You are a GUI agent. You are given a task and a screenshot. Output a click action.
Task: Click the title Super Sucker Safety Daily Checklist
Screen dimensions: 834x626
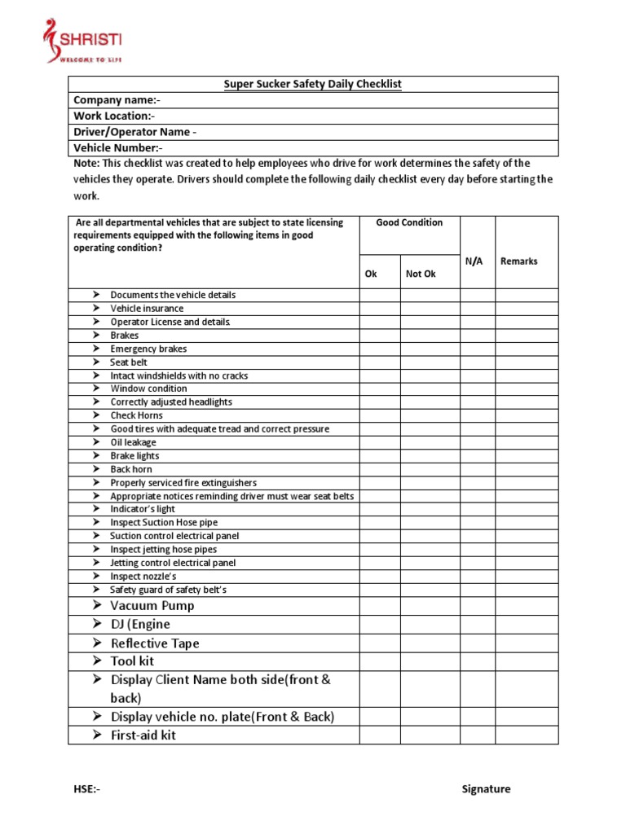[x=313, y=84]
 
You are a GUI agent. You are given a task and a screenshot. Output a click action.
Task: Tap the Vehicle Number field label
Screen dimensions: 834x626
[x=118, y=148]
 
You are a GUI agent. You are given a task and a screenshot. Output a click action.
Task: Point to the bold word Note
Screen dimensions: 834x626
[x=86, y=164]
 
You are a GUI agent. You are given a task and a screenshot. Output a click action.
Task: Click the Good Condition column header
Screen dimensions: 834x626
[x=409, y=222]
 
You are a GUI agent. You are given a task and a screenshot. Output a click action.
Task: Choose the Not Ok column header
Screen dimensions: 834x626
[x=421, y=274]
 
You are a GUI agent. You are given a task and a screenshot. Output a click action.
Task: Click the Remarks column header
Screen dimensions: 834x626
[x=518, y=261]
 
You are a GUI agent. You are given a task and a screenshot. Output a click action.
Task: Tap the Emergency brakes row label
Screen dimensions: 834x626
[x=148, y=349]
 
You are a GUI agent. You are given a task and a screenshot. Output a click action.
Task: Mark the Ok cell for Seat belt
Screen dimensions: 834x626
[x=379, y=362]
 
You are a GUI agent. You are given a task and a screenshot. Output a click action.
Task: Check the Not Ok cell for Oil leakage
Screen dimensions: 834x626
[x=430, y=442]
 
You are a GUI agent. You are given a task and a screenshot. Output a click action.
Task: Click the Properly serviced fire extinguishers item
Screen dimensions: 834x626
[x=183, y=483]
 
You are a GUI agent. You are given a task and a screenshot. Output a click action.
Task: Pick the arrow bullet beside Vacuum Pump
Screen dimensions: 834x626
[x=96, y=606]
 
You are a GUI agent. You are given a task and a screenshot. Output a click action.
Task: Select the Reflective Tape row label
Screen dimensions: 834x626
[x=155, y=643]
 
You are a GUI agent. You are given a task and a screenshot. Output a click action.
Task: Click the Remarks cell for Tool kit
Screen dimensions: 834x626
[x=527, y=661]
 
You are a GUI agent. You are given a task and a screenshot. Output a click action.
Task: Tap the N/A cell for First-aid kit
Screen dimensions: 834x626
[x=477, y=735]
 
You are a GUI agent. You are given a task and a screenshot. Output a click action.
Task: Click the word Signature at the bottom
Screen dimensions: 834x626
[x=486, y=789]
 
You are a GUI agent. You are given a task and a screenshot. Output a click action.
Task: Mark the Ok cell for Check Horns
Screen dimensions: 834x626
[x=379, y=415]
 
